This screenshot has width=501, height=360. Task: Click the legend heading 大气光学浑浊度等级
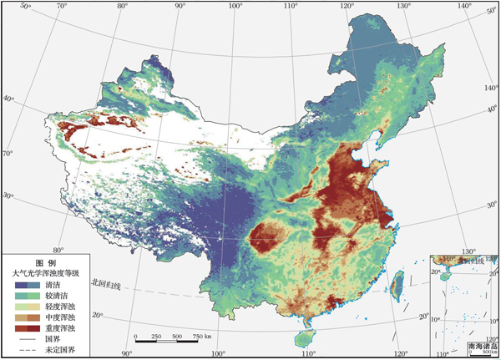(45, 273)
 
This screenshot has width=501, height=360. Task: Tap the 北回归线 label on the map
(105, 286)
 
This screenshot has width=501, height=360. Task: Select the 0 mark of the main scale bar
(135, 336)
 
